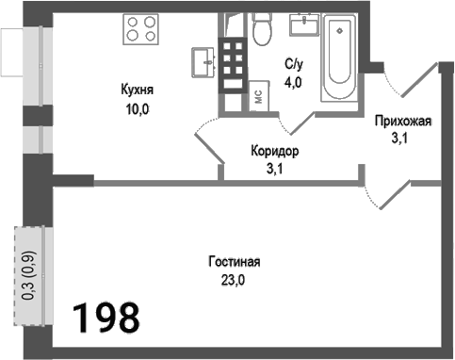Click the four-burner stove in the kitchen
coord(141,29)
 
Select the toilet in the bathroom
coord(262,33)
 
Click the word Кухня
coord(138,91)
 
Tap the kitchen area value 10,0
coord(138,108)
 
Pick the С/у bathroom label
coord(293,65)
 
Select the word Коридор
coord(275,151)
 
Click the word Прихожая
coord(402,121)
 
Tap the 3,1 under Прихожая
coord(402,139)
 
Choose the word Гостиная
coord(235,263)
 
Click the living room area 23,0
coord(235,280)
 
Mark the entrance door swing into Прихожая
coord(414,80)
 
